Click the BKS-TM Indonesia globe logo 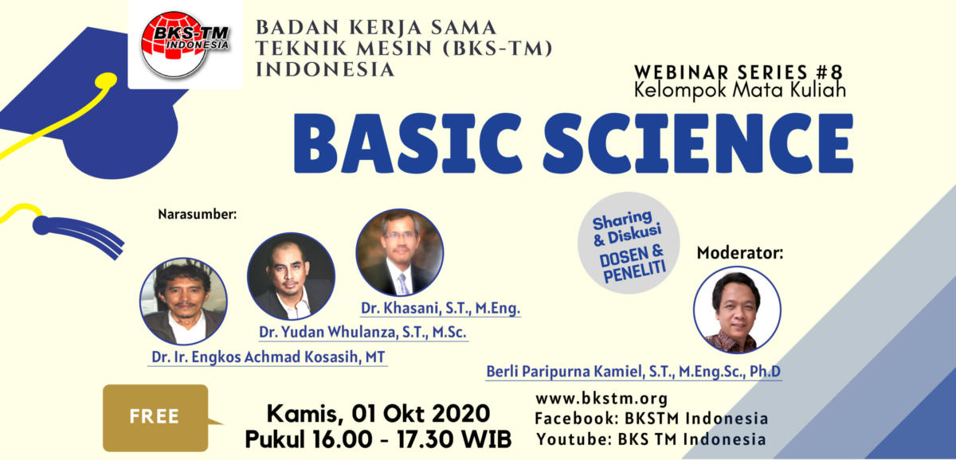[185, 45]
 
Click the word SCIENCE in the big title [698, 143]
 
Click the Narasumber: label [198, 214]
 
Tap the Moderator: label [740, 253]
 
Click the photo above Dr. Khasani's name [400, 252]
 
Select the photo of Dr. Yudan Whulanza [291, 276]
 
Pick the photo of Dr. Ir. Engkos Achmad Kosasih [183, 301]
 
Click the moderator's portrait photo [737, 310]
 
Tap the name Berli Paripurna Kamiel [565, 372]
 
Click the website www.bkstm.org [601, 399]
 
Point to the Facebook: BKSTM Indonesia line [652, 419]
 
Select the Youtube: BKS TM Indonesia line [651, 439]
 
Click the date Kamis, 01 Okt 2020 [378, 414]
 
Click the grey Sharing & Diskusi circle [629, 243]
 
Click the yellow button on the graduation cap [106, 80]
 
